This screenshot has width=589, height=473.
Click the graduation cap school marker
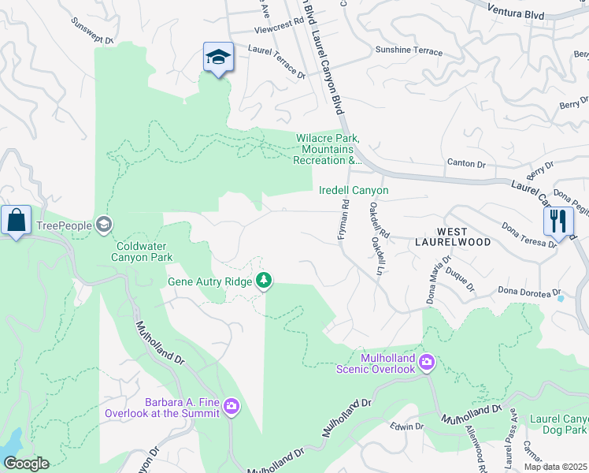click(218, 58)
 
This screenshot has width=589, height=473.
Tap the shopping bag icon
click(16, 222)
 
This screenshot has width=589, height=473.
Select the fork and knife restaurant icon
click(558, 222)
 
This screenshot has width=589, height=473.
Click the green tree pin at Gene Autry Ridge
click(265, 281)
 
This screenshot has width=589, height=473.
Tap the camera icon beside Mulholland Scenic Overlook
click(427, 363)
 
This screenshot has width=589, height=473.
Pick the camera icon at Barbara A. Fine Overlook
click(231, 407)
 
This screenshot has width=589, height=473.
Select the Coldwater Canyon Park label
click(142, 251)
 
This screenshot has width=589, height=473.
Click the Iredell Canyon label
click(354, 191)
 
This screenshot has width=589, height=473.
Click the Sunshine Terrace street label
click(409, 50)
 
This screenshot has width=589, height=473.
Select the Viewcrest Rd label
click(279, 31)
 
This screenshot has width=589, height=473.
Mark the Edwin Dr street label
click(407, 426)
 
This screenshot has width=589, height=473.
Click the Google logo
click(26, 464)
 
